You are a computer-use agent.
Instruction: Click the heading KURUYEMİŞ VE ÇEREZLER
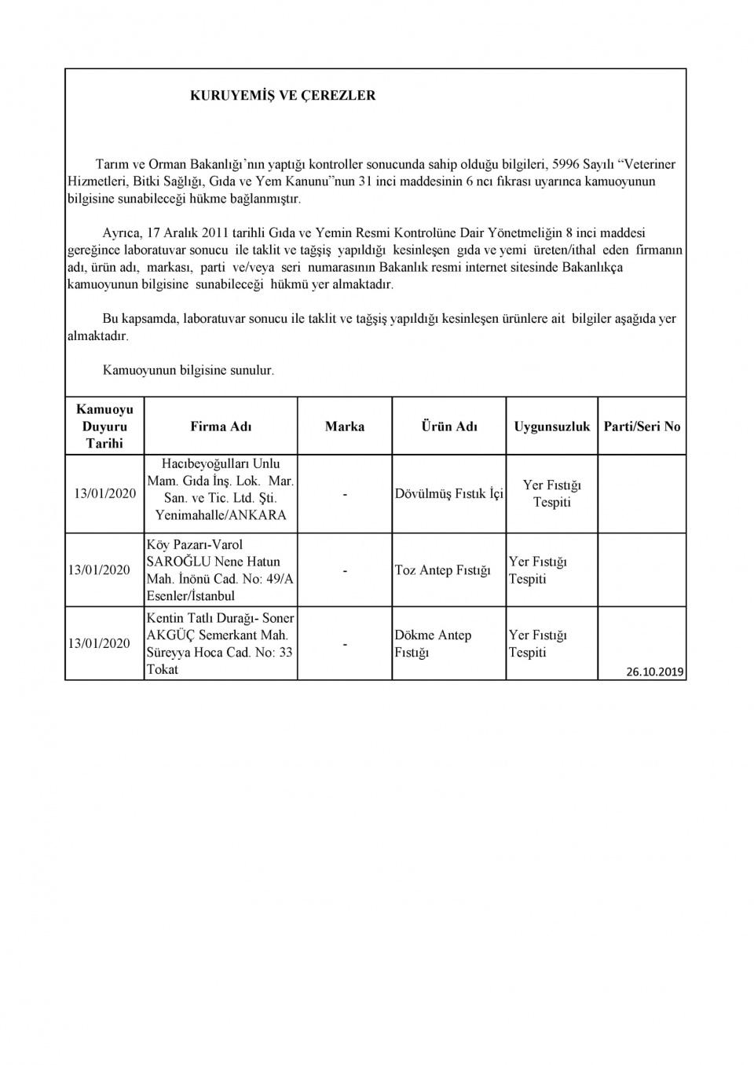(283, 96)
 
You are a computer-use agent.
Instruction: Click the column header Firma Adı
(221, 426)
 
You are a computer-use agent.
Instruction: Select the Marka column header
(345, 426)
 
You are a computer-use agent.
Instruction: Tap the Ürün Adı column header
(449, 426)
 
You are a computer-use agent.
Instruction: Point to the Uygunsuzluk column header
(552, 426)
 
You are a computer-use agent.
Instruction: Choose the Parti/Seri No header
(642, 426)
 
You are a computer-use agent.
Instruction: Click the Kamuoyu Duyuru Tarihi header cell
(104, 426)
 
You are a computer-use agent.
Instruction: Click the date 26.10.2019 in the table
(656, 672)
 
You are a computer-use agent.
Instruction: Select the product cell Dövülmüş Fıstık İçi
(449, 494)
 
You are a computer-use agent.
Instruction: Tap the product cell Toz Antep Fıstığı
(442, 570)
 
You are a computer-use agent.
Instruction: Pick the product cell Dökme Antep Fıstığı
(433, 643)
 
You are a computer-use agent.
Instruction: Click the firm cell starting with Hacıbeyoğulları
(221, 489)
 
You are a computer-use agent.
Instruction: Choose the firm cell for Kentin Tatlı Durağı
(220, 643)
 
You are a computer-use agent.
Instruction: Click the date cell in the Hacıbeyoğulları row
(104, 494)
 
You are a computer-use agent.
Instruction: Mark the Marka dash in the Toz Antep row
(345, 571)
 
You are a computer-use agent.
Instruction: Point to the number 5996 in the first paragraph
(568, 164)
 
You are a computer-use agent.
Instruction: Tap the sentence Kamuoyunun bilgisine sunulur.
(188, 370)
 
